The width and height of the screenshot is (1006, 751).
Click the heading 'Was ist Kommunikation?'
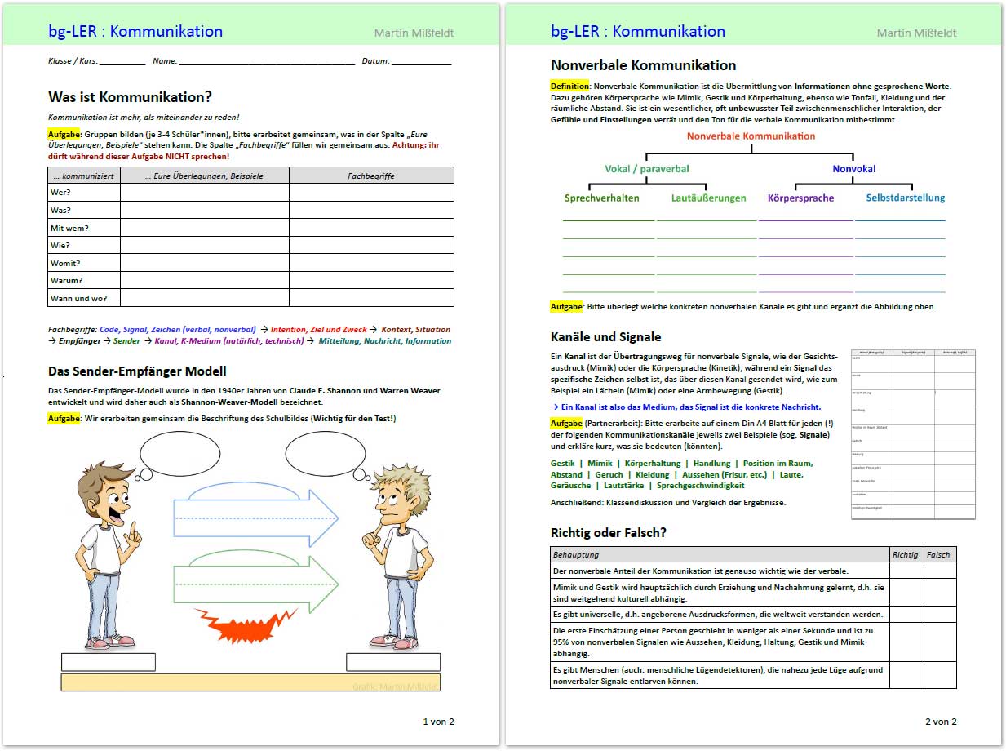coord(130,97)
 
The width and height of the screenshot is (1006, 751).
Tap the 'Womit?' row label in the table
coord(65,263)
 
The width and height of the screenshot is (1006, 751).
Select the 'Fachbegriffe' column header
coord(371,176)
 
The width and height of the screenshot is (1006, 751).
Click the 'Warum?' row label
coord(66,281)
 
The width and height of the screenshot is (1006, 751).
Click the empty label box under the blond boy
coord(392,662)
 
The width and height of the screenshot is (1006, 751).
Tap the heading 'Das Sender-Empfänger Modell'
coord(137,371)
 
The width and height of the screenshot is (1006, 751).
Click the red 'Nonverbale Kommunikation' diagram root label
coord(751,136)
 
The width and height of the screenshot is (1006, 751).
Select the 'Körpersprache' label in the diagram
coord(800,198)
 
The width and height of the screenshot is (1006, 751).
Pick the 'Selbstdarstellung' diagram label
coord(905,198)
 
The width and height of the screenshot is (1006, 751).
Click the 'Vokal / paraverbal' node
coord(646,169)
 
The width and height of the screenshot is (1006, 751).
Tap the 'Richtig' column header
coord(905,555)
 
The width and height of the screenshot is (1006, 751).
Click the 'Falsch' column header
coord(938,555)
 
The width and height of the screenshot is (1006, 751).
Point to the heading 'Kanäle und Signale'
coord(605,337)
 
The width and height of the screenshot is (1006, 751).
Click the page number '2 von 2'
coord(940,722)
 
